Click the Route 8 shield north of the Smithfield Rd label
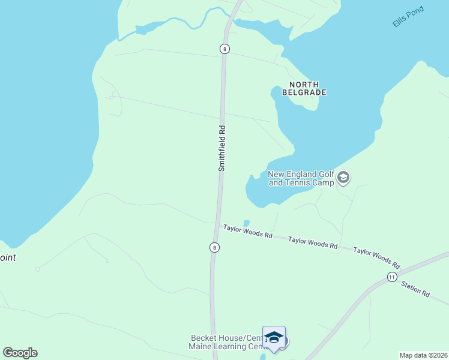[225, 49]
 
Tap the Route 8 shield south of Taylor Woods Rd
[214, 247]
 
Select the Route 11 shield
[391, 277]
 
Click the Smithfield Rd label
[221, 148]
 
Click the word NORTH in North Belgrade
[304, 85]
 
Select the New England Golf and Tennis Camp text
[301, 179]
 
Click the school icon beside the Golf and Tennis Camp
[343, 178]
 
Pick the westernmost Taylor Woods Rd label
[248, 231]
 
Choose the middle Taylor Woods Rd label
[312, 243]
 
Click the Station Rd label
[415, 290]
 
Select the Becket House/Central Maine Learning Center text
[230, 343]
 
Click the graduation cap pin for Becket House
[274, 338]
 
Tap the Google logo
[20, 353]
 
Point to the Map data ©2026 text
[423, 355]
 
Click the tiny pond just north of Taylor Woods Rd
[246, 223]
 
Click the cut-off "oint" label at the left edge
[8, 258]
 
